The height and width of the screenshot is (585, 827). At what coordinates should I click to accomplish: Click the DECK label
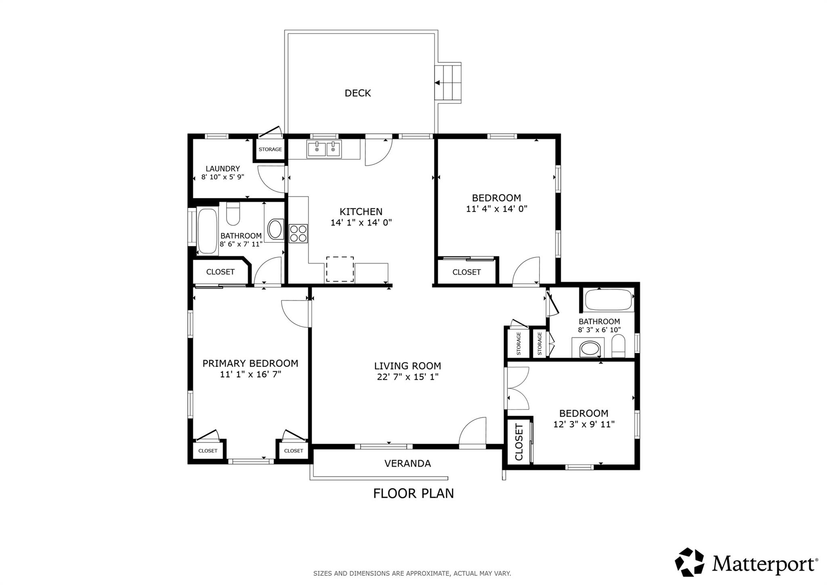click(357, 93)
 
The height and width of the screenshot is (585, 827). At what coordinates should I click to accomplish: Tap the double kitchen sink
click(323, 149)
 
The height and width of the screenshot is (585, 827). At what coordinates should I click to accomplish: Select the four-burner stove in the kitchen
click(298, 234)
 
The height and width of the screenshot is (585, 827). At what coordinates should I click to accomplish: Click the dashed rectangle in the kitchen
click(340, 269)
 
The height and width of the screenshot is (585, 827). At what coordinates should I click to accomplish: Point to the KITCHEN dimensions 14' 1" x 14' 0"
click(361, 223)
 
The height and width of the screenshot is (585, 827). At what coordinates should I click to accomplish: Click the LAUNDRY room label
click(222, 168)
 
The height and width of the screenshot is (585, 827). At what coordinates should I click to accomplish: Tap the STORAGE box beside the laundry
click(270, 149)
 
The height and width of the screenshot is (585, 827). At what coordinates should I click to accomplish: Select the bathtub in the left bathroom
click(208, 231)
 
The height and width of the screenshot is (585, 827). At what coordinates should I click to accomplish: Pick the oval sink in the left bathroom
click(275, 229)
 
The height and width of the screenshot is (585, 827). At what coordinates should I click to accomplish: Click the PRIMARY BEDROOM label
click(250, 363)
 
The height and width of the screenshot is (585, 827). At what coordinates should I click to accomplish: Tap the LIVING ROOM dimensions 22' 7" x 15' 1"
click(407, 377)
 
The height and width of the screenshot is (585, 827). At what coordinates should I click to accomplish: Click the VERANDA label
click(407, 463)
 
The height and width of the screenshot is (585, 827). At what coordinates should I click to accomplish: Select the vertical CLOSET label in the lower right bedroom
click(519, 442)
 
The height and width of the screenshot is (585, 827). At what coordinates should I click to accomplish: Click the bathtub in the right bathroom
click(608, 300)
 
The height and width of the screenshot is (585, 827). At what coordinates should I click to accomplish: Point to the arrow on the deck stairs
click(437, 83)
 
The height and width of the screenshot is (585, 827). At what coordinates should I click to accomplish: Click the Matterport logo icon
click(689, 562)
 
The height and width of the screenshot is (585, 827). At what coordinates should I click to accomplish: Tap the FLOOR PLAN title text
click(413, 493)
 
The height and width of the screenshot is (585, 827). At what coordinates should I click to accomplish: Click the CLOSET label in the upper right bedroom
click(466, 272)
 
